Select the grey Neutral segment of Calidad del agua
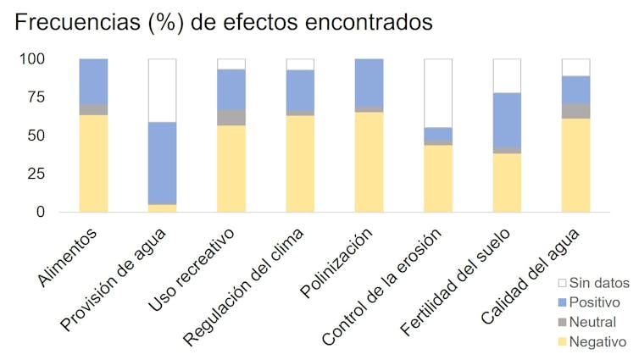(575, 111)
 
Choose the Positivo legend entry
(594, 302)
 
